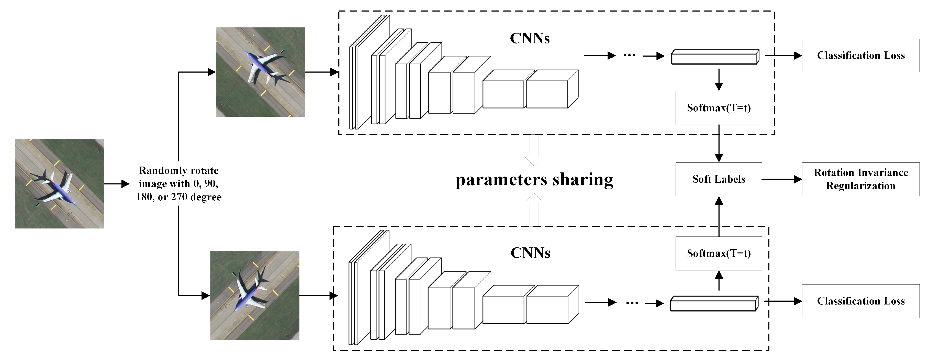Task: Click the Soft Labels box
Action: point(718,179)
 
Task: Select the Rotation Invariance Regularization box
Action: point(860,179)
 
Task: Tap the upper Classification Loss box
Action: point(860,56)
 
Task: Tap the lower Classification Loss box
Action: point(860,301)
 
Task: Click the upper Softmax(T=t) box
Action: point(718,108)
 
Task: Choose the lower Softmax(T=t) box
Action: point(718,253)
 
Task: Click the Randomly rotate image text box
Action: point(178,184)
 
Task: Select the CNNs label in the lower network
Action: point(530,253)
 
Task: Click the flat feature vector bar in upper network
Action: point(715,57)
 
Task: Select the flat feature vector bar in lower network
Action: point(714,304)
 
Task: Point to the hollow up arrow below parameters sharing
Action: point(534,209)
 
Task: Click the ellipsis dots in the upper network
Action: point(629,56)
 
